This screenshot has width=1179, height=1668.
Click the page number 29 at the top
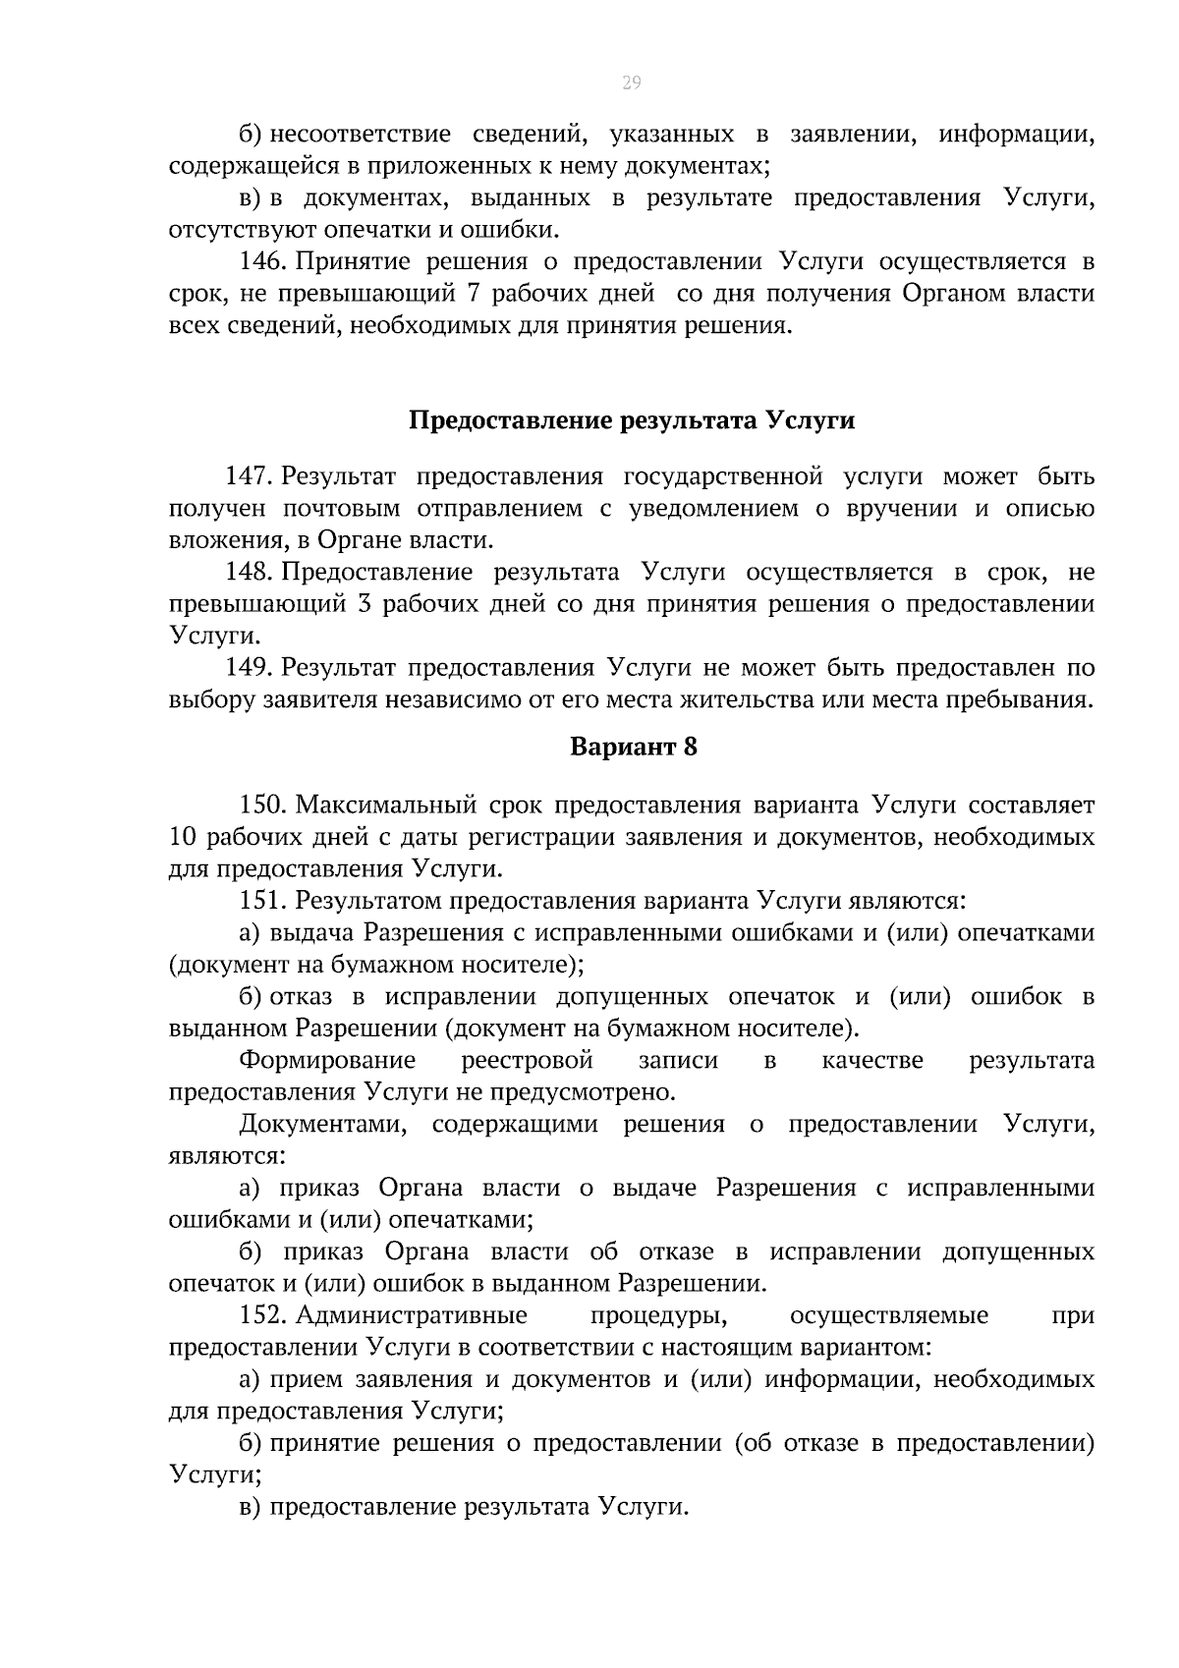[x=631, y=83]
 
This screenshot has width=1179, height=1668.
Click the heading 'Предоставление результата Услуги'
[x=631, y=421]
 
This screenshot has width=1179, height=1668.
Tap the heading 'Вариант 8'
[x=634, y=747]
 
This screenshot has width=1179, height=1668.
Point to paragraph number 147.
[x=248, y=477]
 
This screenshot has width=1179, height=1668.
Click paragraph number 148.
[x=248, y=573]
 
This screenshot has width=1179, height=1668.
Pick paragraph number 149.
[x=248, y=668]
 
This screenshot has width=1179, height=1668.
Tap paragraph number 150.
[x=262, y=806]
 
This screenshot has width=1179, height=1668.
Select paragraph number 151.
[x=262, y=901]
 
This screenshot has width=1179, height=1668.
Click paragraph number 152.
[x=262, y=1315]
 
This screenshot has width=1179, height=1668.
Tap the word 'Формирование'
[x=327, y=1061]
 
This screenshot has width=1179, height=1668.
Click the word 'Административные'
[x=412, y=1315]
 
